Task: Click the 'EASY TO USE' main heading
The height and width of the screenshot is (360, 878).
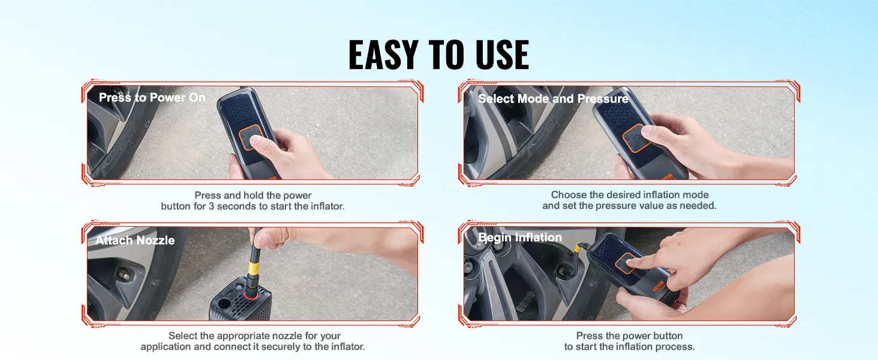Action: (x=438, y=55)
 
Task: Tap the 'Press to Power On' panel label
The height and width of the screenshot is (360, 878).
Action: (x=152, y=98)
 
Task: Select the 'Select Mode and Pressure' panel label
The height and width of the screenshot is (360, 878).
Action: (x=553, y=99)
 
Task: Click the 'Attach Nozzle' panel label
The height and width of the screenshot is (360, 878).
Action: (x=135, y=241)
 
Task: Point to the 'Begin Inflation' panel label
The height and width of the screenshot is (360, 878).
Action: (x=520, y=238)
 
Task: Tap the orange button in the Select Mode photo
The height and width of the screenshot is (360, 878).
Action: (x=635, y=138)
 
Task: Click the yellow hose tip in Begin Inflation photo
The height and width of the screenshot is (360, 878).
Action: (x=579, y=246)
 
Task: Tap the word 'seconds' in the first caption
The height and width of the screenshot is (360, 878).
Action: (x=267, y=206)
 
